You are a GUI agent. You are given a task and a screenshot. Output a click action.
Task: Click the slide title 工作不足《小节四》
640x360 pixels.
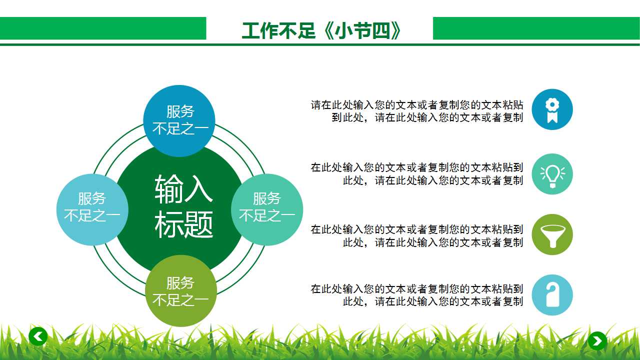click(x=321, y=31)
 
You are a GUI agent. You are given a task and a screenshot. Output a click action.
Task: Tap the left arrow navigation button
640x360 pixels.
click(x=38, y=336)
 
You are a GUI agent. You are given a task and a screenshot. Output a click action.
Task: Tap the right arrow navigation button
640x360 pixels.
click(x=597, y=341)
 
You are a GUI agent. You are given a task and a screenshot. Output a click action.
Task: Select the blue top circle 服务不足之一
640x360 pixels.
click(x=179, y=120)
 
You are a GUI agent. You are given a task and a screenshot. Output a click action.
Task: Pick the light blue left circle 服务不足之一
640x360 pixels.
click(x=92, y=207)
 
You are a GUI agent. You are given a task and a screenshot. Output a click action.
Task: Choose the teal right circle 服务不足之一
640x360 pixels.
click(x=267, y=207)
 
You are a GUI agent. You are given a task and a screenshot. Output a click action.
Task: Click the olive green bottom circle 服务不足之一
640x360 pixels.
click(x=180, y=291)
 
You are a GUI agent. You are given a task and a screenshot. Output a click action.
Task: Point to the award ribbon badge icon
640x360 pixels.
click(x=552, y=109)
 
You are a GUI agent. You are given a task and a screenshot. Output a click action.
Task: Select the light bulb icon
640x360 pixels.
click(x=552, y=174)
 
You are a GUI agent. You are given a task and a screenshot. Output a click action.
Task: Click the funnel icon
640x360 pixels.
click(x=552, y=234)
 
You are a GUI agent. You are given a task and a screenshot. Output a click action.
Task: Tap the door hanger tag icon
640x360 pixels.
click(x=552, y=295)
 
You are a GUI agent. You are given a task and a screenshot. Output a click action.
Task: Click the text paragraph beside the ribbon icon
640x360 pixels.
click(x=417, y=111)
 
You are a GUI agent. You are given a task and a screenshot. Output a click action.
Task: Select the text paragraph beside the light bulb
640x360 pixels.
click(x=417, y=173)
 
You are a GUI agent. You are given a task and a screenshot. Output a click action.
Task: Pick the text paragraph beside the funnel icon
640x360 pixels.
click(x=417, y=235)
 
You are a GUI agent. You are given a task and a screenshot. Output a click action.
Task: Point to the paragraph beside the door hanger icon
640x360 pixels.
click(x=417, y=295)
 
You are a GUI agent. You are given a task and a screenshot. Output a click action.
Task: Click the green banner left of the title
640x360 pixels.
click(x=102, y=28)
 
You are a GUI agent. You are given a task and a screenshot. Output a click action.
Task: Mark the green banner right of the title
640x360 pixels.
click(x=536, y=28)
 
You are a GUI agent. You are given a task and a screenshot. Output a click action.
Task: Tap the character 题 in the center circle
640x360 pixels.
click(x=198, y=224)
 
